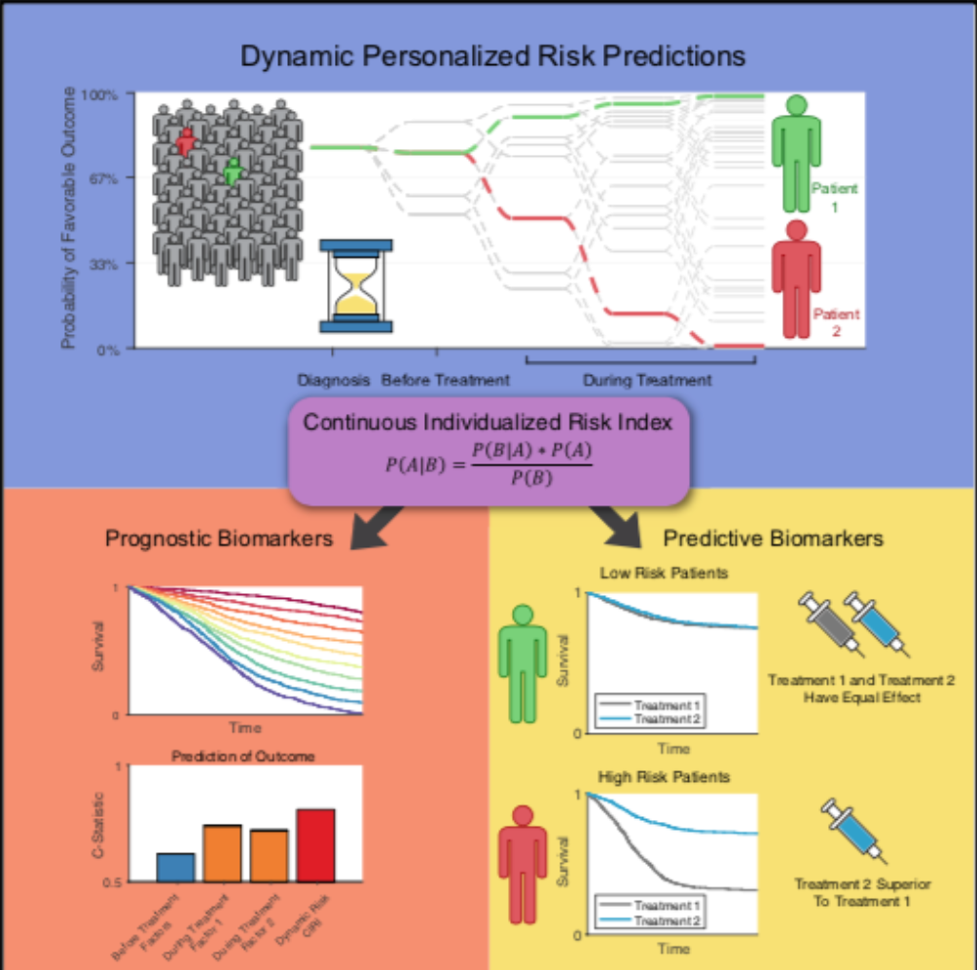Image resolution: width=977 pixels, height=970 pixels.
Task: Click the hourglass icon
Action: (x=356, y=285)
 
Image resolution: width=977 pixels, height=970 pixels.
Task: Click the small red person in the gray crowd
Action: (x=185, y=141)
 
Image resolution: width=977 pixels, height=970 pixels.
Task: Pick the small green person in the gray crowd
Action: (x=232, y=171)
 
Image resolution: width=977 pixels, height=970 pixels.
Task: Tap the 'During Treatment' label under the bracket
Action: (x=646, y=380)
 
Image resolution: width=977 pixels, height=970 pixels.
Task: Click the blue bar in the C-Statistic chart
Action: (x=175, y=867)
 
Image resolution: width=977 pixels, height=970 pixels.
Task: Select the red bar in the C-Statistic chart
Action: (x=315, y=844)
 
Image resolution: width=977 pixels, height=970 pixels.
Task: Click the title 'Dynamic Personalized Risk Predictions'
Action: (x=493, y=55)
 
